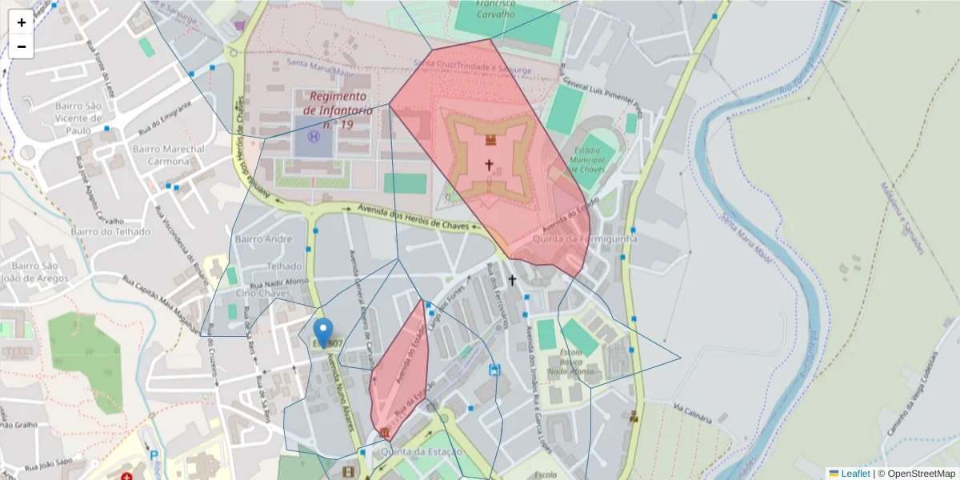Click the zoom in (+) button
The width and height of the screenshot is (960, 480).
click(22, 22)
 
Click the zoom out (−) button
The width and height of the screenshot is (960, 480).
click(22, 46)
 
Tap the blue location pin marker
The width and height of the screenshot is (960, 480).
click(323, 332)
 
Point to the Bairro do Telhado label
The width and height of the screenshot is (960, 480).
click(110, 232)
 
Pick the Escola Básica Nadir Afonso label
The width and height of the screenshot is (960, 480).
click(571, 362)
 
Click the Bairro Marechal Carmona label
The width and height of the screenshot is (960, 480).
click(169, 155)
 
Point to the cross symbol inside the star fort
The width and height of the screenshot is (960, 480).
click(489, 165)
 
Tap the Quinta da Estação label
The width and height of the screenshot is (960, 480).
click(422, 452)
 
